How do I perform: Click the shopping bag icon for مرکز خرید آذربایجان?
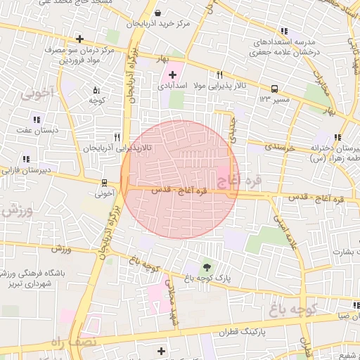158,13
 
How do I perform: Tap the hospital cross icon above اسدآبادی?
172,74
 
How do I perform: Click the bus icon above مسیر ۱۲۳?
274,89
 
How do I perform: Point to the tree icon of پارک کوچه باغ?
206,266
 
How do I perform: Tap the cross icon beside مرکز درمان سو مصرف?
80,39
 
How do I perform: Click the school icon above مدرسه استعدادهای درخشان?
283,31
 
